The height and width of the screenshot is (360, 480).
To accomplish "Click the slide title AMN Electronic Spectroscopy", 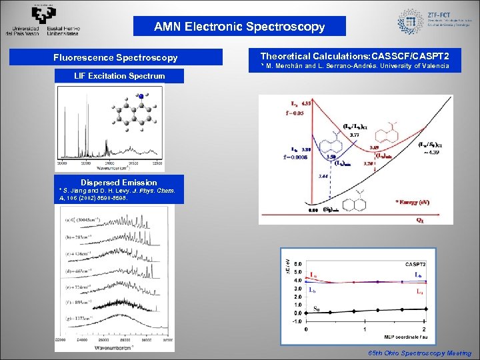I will point(239,27).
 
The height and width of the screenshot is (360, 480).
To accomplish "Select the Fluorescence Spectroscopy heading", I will point(115,58).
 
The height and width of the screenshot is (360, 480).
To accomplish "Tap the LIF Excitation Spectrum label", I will point(119,76).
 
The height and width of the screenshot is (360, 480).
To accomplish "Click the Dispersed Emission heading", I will point(119,182).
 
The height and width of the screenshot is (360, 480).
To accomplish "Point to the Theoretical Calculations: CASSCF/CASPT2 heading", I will point(354,56).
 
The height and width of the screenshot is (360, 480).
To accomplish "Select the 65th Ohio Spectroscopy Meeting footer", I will point(419,353).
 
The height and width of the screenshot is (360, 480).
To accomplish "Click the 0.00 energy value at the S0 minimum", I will point(312,211).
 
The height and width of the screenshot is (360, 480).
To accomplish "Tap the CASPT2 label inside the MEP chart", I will point(416,264).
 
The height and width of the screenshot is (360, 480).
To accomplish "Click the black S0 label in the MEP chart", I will point(318,308).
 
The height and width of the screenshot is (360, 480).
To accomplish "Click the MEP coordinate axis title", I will point(403,335).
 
